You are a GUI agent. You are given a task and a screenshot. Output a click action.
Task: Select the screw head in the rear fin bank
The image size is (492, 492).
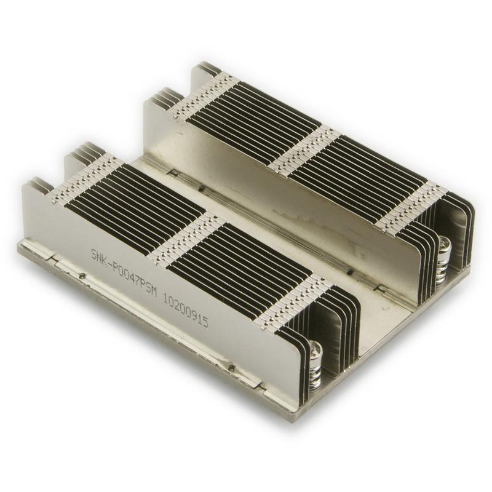(444, 245)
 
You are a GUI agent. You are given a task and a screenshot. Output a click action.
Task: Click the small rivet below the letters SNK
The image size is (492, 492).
(82, 277)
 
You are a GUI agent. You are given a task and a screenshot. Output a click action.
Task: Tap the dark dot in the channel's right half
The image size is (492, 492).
(349, 271)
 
